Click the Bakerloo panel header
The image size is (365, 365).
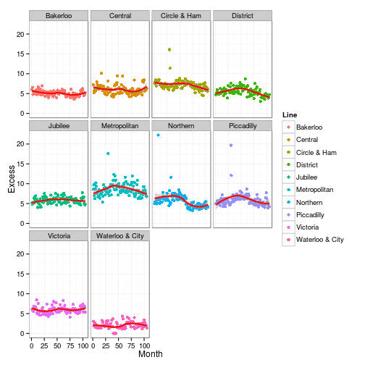58,15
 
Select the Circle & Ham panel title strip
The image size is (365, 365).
181,15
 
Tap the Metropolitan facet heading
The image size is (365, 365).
119,125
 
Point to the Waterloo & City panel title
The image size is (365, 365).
119,235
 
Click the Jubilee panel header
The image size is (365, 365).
58,125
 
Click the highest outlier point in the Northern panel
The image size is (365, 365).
158,135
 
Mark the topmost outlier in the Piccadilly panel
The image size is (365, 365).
230,145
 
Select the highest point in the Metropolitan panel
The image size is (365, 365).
108,154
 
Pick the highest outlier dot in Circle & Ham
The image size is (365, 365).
169,50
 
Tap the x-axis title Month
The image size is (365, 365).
151,355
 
